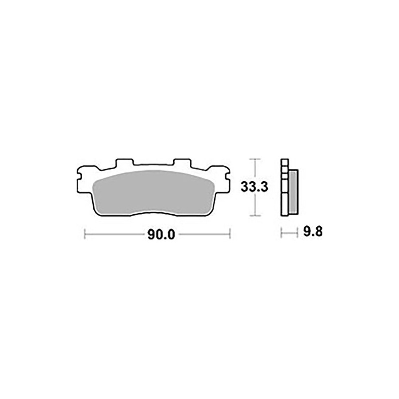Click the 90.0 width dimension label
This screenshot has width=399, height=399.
161,235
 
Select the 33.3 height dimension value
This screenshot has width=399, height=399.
255,187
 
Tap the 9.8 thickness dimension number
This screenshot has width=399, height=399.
313,231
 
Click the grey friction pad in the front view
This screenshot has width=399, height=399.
154,192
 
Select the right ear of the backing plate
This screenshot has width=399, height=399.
224,180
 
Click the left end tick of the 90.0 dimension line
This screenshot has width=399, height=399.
85,233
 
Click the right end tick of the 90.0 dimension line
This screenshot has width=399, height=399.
230,233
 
